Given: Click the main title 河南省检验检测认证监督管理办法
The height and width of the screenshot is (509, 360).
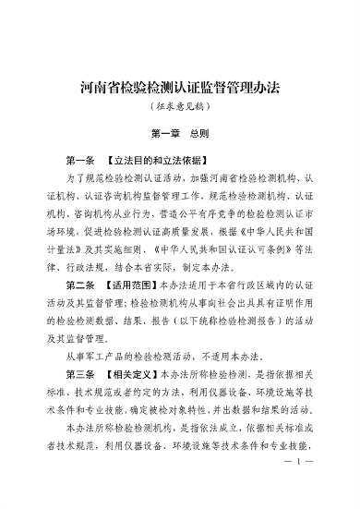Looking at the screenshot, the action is (180, 88).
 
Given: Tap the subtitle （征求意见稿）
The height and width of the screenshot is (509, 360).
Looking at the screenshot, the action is (180, 109).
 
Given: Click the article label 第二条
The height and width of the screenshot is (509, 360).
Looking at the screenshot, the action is (83, 283).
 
